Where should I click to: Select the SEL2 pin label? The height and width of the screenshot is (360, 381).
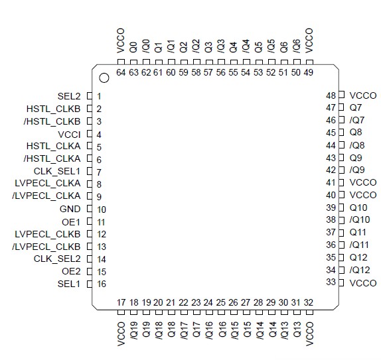coord(69,96)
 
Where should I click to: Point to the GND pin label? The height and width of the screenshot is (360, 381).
coord(70,209)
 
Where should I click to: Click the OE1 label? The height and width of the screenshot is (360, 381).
coord(71,221)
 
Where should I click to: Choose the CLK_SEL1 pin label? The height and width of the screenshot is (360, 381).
coord(57,171)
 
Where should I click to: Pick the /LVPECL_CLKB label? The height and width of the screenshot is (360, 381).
coord(46,247)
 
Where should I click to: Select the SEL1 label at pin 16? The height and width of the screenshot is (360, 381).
coord(69,284)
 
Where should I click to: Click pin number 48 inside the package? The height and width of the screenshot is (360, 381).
coord(331,95)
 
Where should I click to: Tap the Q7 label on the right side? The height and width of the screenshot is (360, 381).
coord(357,107)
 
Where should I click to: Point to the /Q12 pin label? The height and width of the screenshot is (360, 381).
coord(359,270)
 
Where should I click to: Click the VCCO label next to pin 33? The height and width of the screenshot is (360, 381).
coord(362,283)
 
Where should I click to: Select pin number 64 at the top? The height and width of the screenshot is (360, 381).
coord(121,72)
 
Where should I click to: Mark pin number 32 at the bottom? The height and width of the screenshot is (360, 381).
coord(309,302)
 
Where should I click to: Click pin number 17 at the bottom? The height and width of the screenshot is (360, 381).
coord(121,302)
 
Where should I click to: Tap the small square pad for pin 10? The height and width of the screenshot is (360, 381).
coord(90,209)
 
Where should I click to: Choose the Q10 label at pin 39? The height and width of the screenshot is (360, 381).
coord(359,208)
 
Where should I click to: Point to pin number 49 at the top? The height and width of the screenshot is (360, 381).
coord(309,72)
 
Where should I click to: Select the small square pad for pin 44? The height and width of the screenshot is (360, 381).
coord(341,145)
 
